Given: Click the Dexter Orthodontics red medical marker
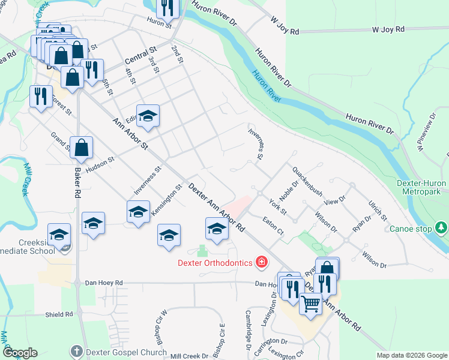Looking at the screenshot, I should (x=262, y=262).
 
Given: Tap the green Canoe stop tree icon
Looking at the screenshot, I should (x=441, y=228).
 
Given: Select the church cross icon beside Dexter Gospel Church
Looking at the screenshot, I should (x=76, y=350).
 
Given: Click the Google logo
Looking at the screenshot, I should (x=20, y=353).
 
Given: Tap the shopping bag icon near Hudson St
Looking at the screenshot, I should (x=81, y=147).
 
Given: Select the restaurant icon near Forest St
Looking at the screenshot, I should (x=41, y=95).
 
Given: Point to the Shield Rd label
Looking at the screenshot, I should (x=58, y=314).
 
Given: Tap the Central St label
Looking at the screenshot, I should (x=140, y=56).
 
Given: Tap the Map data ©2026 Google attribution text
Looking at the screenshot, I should (x=411, y=355).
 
